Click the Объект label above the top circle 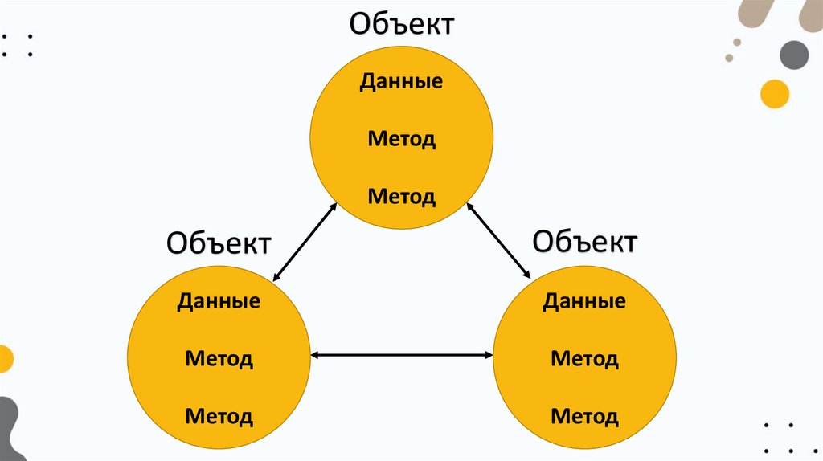pyautogui.click(x=401, y=23)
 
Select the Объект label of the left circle pyautogui.click(x=219, y=242)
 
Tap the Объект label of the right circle pyautogui.click(x=585, y=240)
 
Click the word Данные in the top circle pyautogui.click(x=401, y=82)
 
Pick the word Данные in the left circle pyautogui.click(x=219, y=301)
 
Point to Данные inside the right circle pyautogui.click(x=584, y=301)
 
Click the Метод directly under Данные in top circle pyautogui.click(x=402, y=139)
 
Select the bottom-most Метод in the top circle pyautogui.click(x=402, y=196)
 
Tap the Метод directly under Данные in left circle pyautogui.click(x=219, y=358)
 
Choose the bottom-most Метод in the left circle pyautogui.click(x=219, y=417)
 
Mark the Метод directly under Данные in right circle pyautogui.click(x=584, y=358)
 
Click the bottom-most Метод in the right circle pyautogui.click(x=584, y=417)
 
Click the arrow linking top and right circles pyautogui.click(x=499, y=241)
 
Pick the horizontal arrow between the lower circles pyautogui.click(x=402, y=354)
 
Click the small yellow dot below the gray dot pyautogui.click(x=775, y=93)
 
